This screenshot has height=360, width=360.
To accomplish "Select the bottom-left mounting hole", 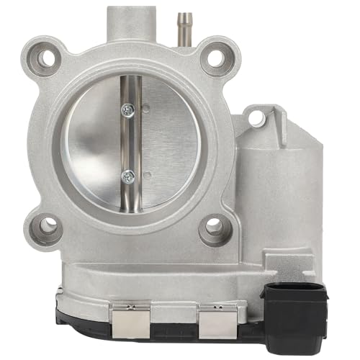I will (x=48, y=226).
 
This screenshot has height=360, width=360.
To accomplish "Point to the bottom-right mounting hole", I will (x=214, y=228).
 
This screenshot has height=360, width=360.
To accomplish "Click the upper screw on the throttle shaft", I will (x=128, y=109).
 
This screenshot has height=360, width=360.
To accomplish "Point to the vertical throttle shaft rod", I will (x=129, y=144).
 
